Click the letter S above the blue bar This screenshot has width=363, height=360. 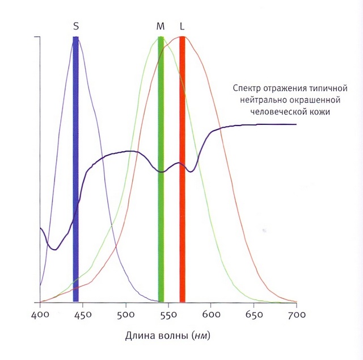pos(76,26)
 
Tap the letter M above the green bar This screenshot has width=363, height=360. pos(160,26)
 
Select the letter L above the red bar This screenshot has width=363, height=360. pos(182,26)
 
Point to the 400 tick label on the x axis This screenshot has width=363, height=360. pos(40,314)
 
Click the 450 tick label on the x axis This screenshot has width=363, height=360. pos(82,314)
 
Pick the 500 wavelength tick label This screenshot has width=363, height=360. pos(125,314)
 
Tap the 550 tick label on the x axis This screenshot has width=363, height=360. pos(168,314)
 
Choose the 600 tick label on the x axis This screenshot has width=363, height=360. pos(211,314)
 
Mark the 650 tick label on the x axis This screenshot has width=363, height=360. pos(254,314)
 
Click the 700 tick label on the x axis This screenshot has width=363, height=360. pos(296,314)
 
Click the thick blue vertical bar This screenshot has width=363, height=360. pos(75,170)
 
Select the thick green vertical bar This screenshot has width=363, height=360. pos(161,170)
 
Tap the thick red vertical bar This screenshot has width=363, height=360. pos(182,170)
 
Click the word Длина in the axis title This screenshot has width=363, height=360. pos(138,335)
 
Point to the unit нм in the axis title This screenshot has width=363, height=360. pos(201,335)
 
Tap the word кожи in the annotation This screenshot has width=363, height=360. pos(322,112)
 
